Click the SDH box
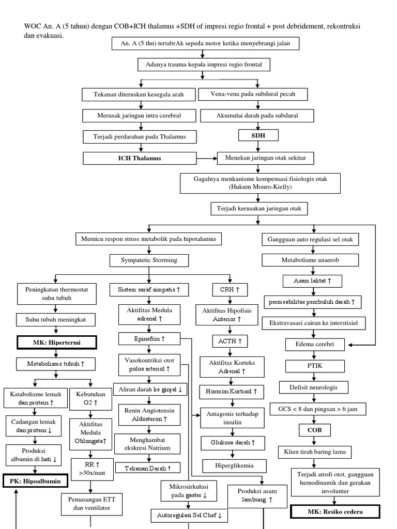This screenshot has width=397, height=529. coord(258,135)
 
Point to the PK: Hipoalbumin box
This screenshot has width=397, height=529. coord(35,481)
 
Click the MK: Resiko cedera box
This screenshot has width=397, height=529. coord(334,511)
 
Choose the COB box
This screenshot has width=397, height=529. coord(314,430)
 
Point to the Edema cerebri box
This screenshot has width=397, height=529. coord(314,344)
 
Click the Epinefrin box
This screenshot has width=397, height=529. coord(149,339)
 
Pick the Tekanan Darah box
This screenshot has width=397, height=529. coord(148,468)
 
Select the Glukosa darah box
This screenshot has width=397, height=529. coord(232,443)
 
